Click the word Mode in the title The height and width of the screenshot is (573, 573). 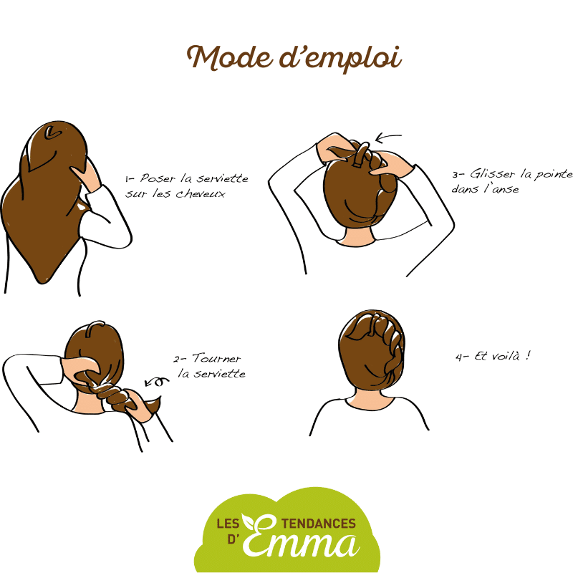click(230, 58)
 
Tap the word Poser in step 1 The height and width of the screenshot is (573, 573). click(158, 178)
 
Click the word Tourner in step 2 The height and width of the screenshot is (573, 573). click(216, 358)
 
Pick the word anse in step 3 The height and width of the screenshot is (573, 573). click(506, 189)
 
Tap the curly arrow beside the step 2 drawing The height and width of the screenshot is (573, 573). click(157, 382)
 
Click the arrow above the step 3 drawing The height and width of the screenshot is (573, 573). click(388, 138)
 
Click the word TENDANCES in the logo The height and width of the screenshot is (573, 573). click(319, 524)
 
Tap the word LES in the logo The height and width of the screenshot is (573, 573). click(228, 524)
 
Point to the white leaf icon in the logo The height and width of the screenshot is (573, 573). click(249, 521)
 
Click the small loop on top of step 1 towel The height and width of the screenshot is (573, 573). click(52, 133)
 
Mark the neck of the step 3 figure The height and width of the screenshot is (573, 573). click(356, 238)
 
